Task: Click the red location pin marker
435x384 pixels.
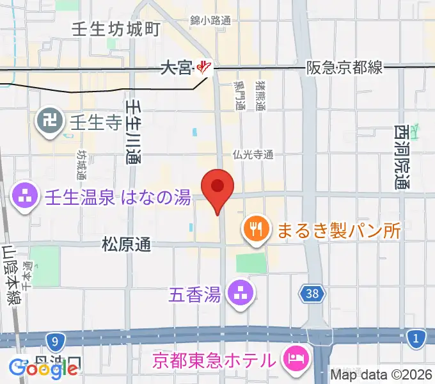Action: click(x=217, y=188)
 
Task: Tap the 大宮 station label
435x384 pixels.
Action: click(x=176, y=67)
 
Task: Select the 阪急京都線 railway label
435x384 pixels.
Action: click(x=344, y=67)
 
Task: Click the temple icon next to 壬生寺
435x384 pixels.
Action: click(x=49, y=120)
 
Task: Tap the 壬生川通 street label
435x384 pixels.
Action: click(x=133, y=131)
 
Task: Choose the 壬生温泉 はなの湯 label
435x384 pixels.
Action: click(x=118, y=198)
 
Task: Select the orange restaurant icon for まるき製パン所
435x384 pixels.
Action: click(x=257, y=228)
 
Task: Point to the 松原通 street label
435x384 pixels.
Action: click(x=127, y=244)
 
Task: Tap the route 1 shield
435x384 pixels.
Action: click(x=416, y=339)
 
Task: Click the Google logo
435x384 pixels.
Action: click(x=44, y=368)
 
